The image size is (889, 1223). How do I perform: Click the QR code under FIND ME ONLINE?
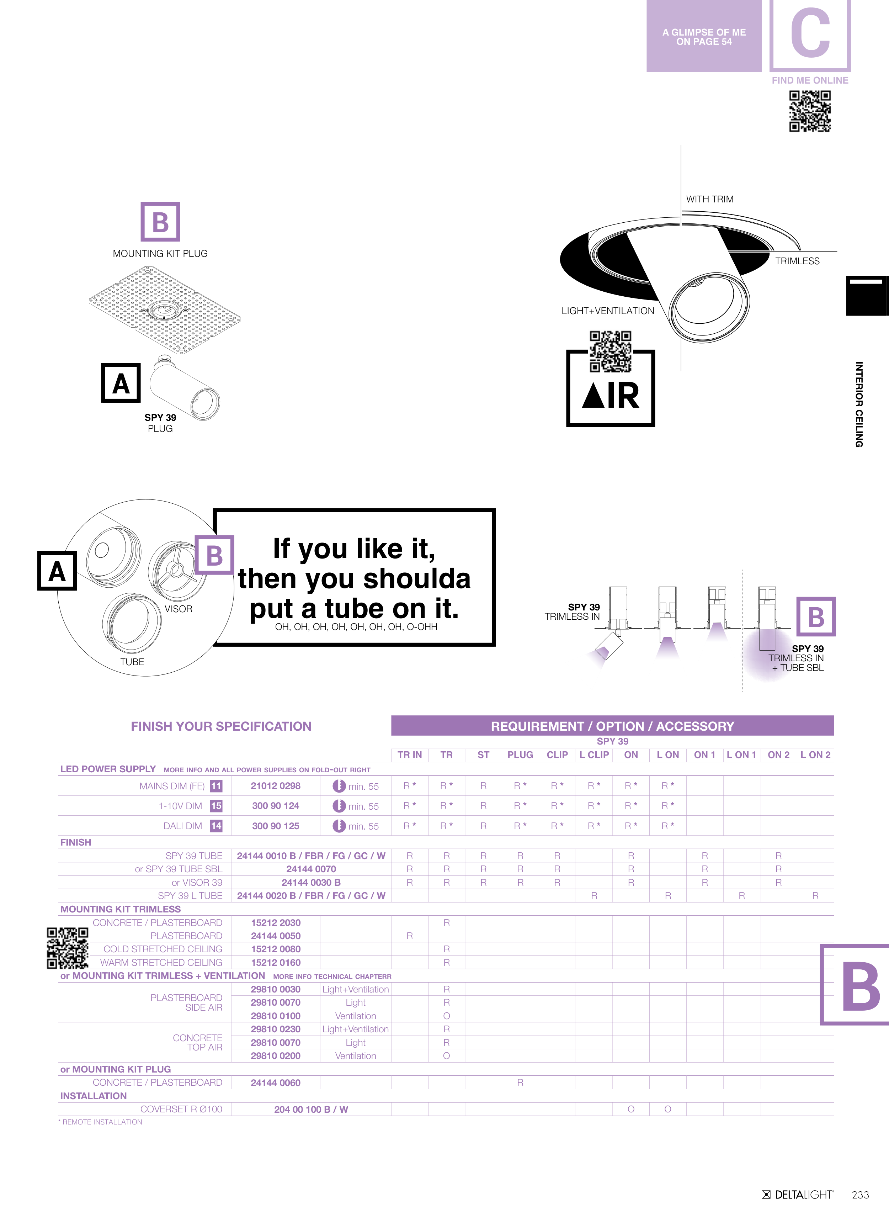click(x=810, y=111)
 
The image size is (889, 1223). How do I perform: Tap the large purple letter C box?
click(x=810, y=35)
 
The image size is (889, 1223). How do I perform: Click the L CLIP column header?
click(x=594, y=755)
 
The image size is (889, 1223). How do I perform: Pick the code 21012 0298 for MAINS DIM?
click(x=276, y=786)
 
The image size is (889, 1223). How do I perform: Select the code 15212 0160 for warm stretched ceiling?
click(x=276, y=963)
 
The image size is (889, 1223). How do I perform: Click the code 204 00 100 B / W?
click(x=311, y=1109)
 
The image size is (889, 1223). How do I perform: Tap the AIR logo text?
click(x=611, y=396)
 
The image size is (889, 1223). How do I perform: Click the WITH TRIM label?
click(x=709, y=199)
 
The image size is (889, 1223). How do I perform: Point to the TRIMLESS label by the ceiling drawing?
click(x=797, y=261)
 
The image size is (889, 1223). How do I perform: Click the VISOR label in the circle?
click(x=179, y=609)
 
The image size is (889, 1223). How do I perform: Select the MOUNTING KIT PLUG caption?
click(x=160, y=253)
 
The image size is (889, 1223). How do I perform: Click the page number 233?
click(x=861, y=1195)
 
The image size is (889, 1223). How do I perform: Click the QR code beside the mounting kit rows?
click(x=68, y=948)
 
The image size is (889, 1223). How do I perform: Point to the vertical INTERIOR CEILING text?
click(x=859, y=404)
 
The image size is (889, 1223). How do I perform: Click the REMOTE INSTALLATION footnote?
click(x=101, y=1122)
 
